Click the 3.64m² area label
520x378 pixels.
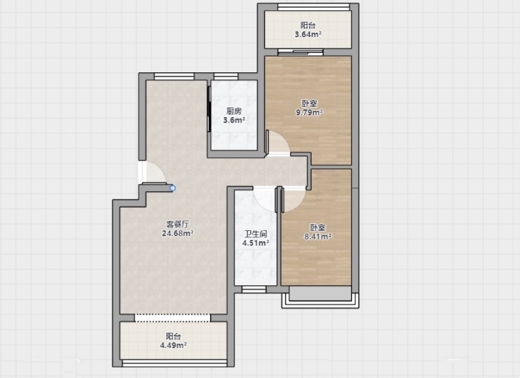coord(308,34)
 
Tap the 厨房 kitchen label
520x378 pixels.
coord(234,111)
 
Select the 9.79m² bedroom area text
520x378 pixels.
coord(309,113)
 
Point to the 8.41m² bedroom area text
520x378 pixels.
coord(318,237)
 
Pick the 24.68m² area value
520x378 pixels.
coord(178,233)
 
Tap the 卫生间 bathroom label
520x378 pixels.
coord(256,234)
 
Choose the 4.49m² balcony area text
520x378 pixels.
coord(174,345)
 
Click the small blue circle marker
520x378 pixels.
coord(172,188)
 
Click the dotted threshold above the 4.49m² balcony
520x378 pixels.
coord(172,318)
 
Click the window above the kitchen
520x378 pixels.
coord(226,76)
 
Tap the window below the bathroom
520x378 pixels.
coord(254,290)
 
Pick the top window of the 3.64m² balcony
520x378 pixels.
coord(314,6)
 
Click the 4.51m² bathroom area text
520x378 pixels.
coord(256,243)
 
